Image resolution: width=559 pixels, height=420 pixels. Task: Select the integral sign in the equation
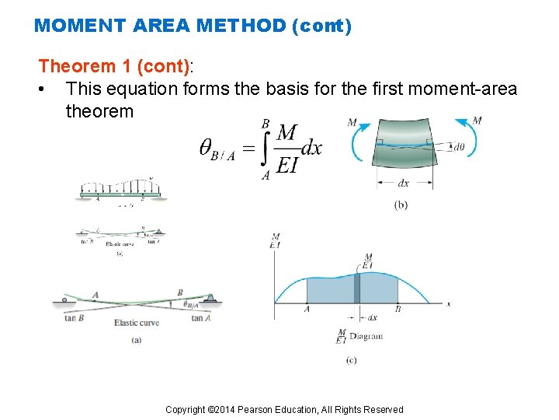point(266,149)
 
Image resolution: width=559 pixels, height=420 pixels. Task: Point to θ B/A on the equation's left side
point(217,149)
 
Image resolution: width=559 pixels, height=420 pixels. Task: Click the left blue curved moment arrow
point(358,145)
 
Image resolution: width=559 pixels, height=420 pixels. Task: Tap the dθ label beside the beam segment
point(460,146)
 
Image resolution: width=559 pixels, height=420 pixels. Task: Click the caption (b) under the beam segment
point(401,205)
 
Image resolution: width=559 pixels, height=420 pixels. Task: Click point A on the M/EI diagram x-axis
point(307,309)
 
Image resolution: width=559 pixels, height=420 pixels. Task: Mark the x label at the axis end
point(449,304)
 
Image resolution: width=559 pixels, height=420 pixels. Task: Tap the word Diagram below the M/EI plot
point(366,337)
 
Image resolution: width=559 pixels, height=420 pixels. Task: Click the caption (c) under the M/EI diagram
point(351,360)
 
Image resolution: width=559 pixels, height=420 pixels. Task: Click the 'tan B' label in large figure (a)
point(74,317)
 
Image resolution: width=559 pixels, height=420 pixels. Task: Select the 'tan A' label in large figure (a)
point(202,317)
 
